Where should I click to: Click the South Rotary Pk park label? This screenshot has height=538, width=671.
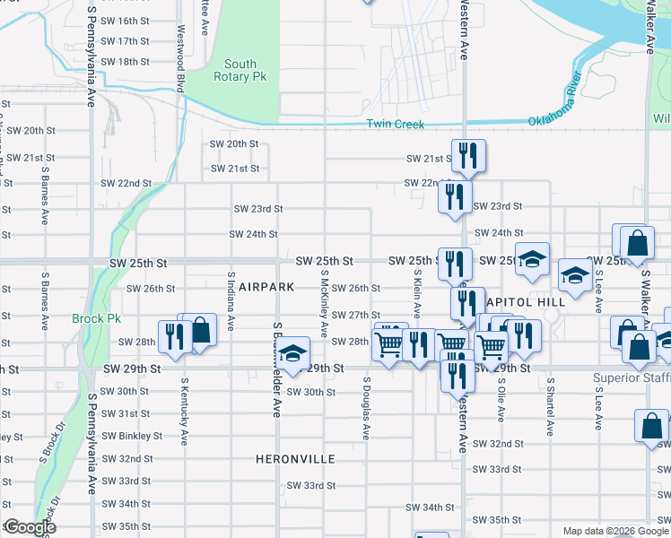click(x=240, y=70)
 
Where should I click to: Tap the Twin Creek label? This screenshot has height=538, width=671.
click(x=395, y=125)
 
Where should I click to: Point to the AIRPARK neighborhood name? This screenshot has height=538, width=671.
click(x=266, y=287)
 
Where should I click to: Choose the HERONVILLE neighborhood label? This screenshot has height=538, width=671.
click(x=295, y=459)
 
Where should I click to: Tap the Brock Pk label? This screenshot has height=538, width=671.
click(x=90, y=318)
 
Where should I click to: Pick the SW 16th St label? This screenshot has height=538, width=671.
click(x=125, y=21)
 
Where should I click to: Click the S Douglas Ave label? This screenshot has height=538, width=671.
click(x=366, y=407)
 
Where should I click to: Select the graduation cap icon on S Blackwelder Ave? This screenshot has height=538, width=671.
click(x=292, y=352)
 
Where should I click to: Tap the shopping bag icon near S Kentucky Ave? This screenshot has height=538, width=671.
click(x=200, y=330)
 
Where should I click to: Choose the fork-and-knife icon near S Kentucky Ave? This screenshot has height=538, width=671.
click(x=173, y=336)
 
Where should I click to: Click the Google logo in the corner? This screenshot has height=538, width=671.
click(x=29, y=528)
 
